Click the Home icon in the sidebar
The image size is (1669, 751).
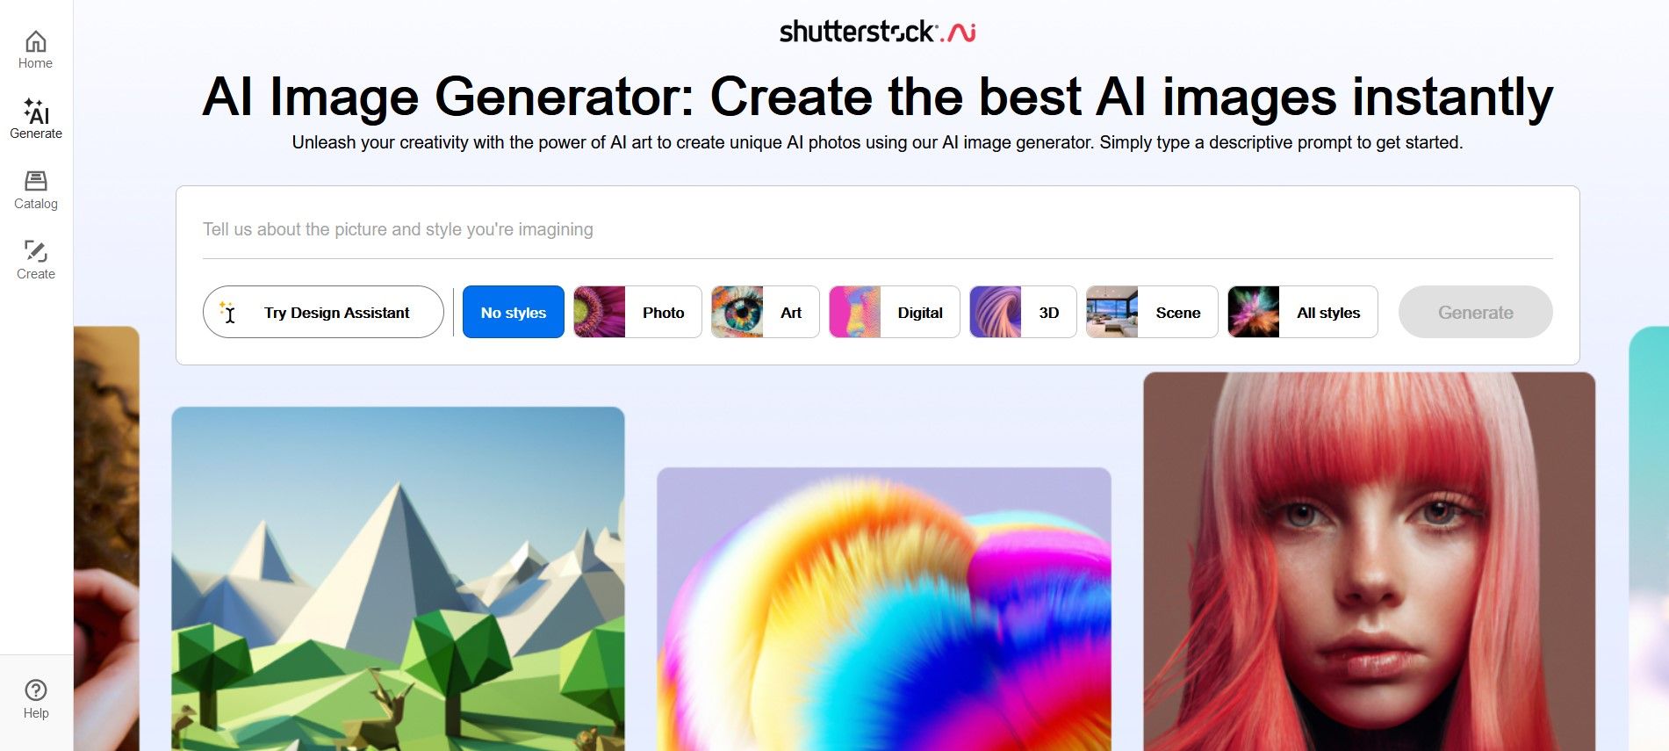click(36, 41)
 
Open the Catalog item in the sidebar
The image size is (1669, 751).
click(36, 190)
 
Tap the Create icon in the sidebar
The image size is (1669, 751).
click(36, 251)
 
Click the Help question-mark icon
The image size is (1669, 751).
click(36, 690)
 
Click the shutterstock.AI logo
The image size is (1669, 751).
click(877, 32)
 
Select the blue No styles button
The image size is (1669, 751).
click(514, 312)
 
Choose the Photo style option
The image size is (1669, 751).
click(637, 312)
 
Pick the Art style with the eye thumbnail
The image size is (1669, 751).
click(766, 312)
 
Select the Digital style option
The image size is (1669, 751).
click(895, 312)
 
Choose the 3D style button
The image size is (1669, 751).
click(1023, 312)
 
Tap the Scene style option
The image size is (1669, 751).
click(1152, 312)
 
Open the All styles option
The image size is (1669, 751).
click(1303, 312)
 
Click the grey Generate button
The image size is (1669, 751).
click(1476, 312)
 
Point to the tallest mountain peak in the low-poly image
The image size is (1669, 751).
click(399, 484)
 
